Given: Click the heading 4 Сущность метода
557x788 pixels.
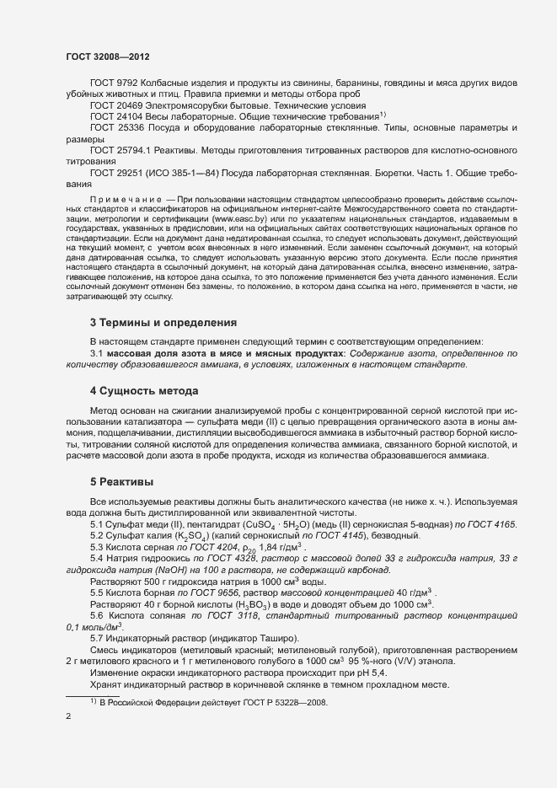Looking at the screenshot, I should click(144, 391).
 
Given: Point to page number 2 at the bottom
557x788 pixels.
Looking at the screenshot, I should click(68, 717).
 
